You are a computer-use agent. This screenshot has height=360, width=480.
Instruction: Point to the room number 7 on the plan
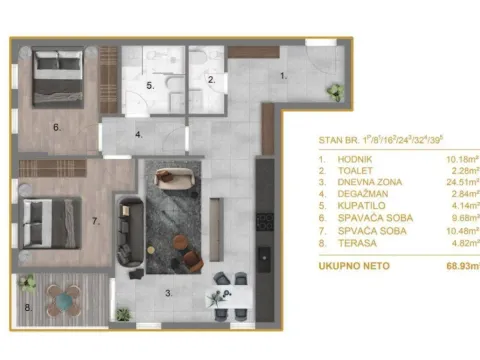tap(96, 219)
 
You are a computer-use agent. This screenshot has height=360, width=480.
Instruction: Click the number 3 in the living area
tap(168, 293)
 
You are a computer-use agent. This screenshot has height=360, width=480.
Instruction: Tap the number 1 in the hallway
tap(281, 75)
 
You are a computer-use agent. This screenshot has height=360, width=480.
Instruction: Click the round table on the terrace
tap(65, 297)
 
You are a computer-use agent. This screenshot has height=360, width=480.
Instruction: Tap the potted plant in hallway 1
tap(335, 91)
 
